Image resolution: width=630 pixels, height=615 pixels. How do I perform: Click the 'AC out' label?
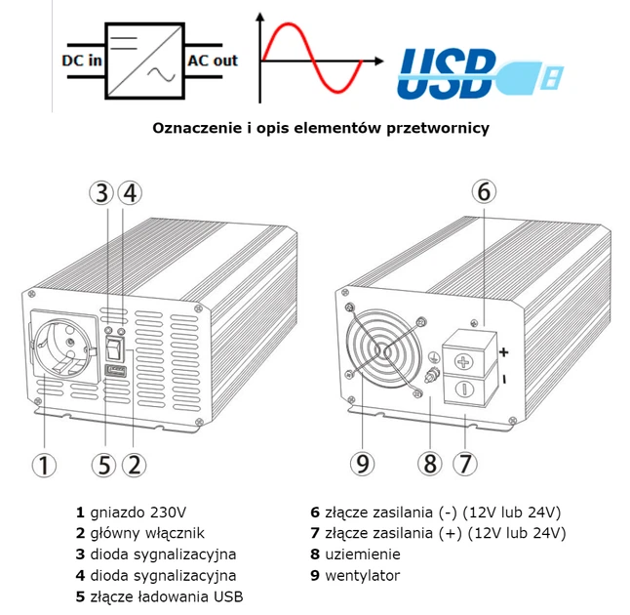coord(212,61)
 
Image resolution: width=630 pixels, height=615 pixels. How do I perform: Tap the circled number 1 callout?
coord(43,464)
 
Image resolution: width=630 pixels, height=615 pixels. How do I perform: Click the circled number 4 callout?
coord(134,191)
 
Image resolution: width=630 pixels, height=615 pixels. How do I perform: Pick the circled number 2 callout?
coord(135,464)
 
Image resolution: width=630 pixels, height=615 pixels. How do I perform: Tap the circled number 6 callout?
coord(483,191)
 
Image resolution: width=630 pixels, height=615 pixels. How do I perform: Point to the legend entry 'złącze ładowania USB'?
coord(166,596)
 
